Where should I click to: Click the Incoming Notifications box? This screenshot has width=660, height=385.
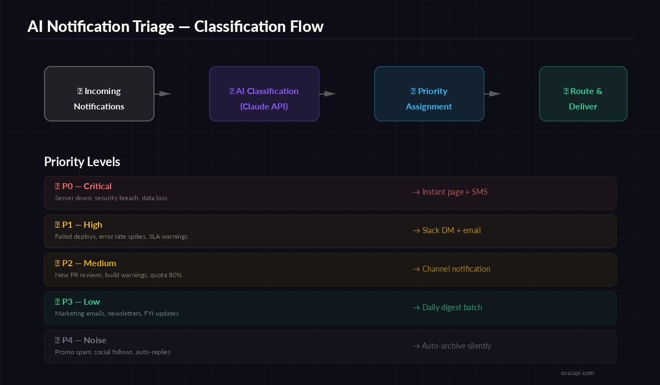99,94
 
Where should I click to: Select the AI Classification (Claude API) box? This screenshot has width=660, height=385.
264,94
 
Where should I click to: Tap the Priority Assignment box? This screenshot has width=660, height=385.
429,94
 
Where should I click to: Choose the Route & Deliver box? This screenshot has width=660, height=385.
583,94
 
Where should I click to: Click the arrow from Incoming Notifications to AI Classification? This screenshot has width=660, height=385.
163,94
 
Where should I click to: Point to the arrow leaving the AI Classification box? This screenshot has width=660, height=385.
328,94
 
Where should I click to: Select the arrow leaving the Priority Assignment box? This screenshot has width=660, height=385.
493,94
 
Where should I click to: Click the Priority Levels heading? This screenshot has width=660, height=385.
82,162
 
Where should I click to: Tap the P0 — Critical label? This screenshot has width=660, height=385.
83,186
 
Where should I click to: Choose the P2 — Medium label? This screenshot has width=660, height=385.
85,263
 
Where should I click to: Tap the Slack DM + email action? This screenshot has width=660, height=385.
447,230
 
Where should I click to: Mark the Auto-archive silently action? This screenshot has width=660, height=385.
452,346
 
